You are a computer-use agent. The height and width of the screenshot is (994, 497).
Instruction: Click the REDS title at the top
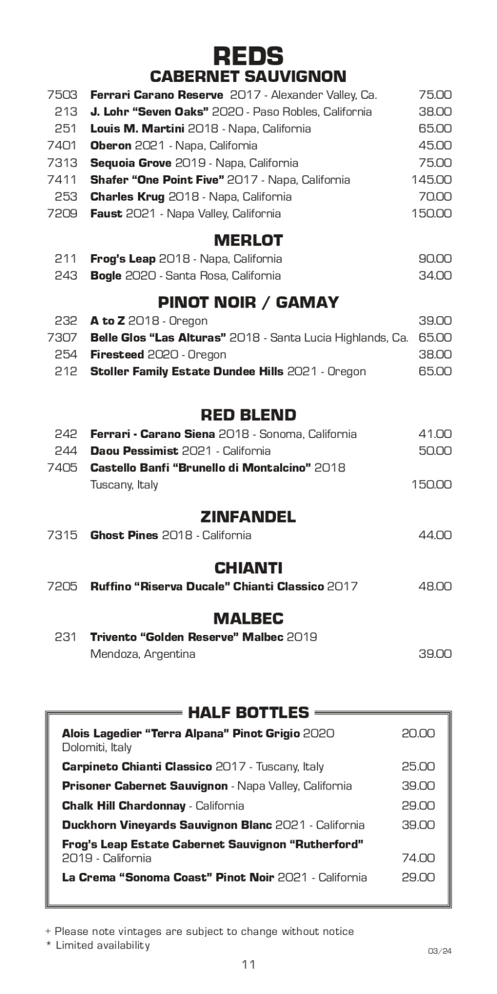coord(248,56)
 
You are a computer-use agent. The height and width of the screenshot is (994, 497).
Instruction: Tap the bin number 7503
coord(62,95)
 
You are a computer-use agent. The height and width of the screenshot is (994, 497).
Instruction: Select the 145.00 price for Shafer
coord(431,180)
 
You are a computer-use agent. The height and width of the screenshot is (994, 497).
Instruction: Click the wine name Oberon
coord(111,145)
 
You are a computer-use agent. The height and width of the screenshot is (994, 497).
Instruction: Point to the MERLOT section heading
coord(248,240)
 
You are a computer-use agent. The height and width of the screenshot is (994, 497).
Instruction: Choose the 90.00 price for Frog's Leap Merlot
coord(435,258)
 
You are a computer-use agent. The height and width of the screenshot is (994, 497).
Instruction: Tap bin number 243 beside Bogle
coord(66,275)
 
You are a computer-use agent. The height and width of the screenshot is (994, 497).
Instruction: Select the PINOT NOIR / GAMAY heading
coord(248,303)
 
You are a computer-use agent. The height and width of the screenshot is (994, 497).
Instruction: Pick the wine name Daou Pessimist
coord(134,450)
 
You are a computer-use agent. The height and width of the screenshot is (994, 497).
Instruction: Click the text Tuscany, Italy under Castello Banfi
coord(124,485)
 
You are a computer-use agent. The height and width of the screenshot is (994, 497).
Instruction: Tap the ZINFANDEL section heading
coord(248,517)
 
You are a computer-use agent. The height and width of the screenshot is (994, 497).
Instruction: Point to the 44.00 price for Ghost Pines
coord(435,535)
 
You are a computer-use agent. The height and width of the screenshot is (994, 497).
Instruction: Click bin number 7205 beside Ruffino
coord(62,586)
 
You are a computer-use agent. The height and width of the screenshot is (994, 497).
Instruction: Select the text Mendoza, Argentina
coord(143,654)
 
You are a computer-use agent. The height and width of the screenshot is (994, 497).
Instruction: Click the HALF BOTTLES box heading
coord(248,712)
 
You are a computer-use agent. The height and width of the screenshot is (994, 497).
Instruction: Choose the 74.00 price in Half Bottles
coord(418,858)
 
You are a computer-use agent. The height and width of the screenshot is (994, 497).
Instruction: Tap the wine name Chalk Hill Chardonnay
coord(124,806)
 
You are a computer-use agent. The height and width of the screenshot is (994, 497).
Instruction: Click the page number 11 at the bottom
coord(248,964)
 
